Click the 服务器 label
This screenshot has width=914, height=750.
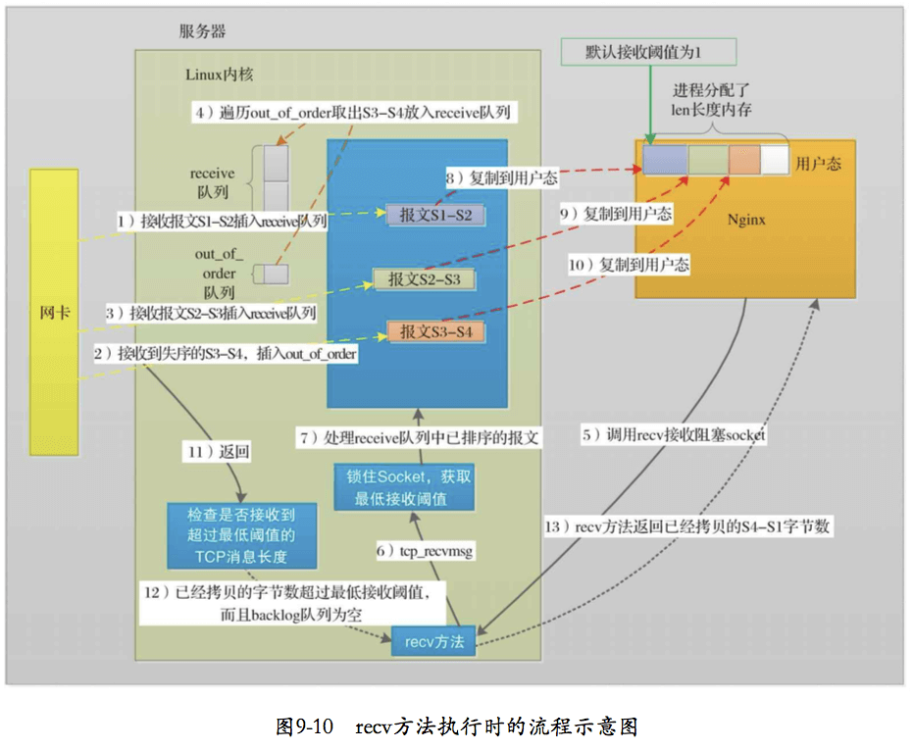pos(202,31)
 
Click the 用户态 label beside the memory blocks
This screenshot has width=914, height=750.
pos(818,163)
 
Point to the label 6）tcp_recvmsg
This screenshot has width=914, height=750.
pos(426,552)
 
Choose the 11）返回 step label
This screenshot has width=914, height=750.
pos(219,452)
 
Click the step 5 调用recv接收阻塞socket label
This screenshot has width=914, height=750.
pos(673,434)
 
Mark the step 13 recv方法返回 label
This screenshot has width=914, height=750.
pos(686,526)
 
